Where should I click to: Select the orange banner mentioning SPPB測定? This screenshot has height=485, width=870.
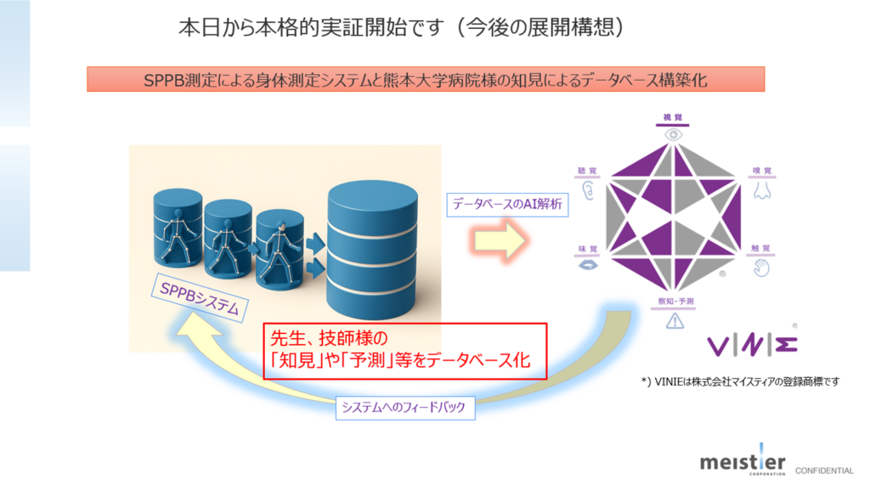pos(426,80)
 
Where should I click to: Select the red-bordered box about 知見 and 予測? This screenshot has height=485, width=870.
pos(404,350)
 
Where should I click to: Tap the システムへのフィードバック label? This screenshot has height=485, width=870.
pos(404,408)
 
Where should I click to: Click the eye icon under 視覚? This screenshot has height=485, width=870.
pos(674,134)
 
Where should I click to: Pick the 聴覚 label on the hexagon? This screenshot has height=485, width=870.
pos(587,171)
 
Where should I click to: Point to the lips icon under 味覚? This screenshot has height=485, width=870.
pos(587,267)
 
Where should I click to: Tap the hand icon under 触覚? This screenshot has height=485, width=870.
pos(762,268)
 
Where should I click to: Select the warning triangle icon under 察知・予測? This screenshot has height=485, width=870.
pos(675,320)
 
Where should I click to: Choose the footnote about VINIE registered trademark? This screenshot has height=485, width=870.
pos(740,381)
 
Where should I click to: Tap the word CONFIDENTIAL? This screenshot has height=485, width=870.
pos(824,471)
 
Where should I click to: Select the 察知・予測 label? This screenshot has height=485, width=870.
pos(675,302)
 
